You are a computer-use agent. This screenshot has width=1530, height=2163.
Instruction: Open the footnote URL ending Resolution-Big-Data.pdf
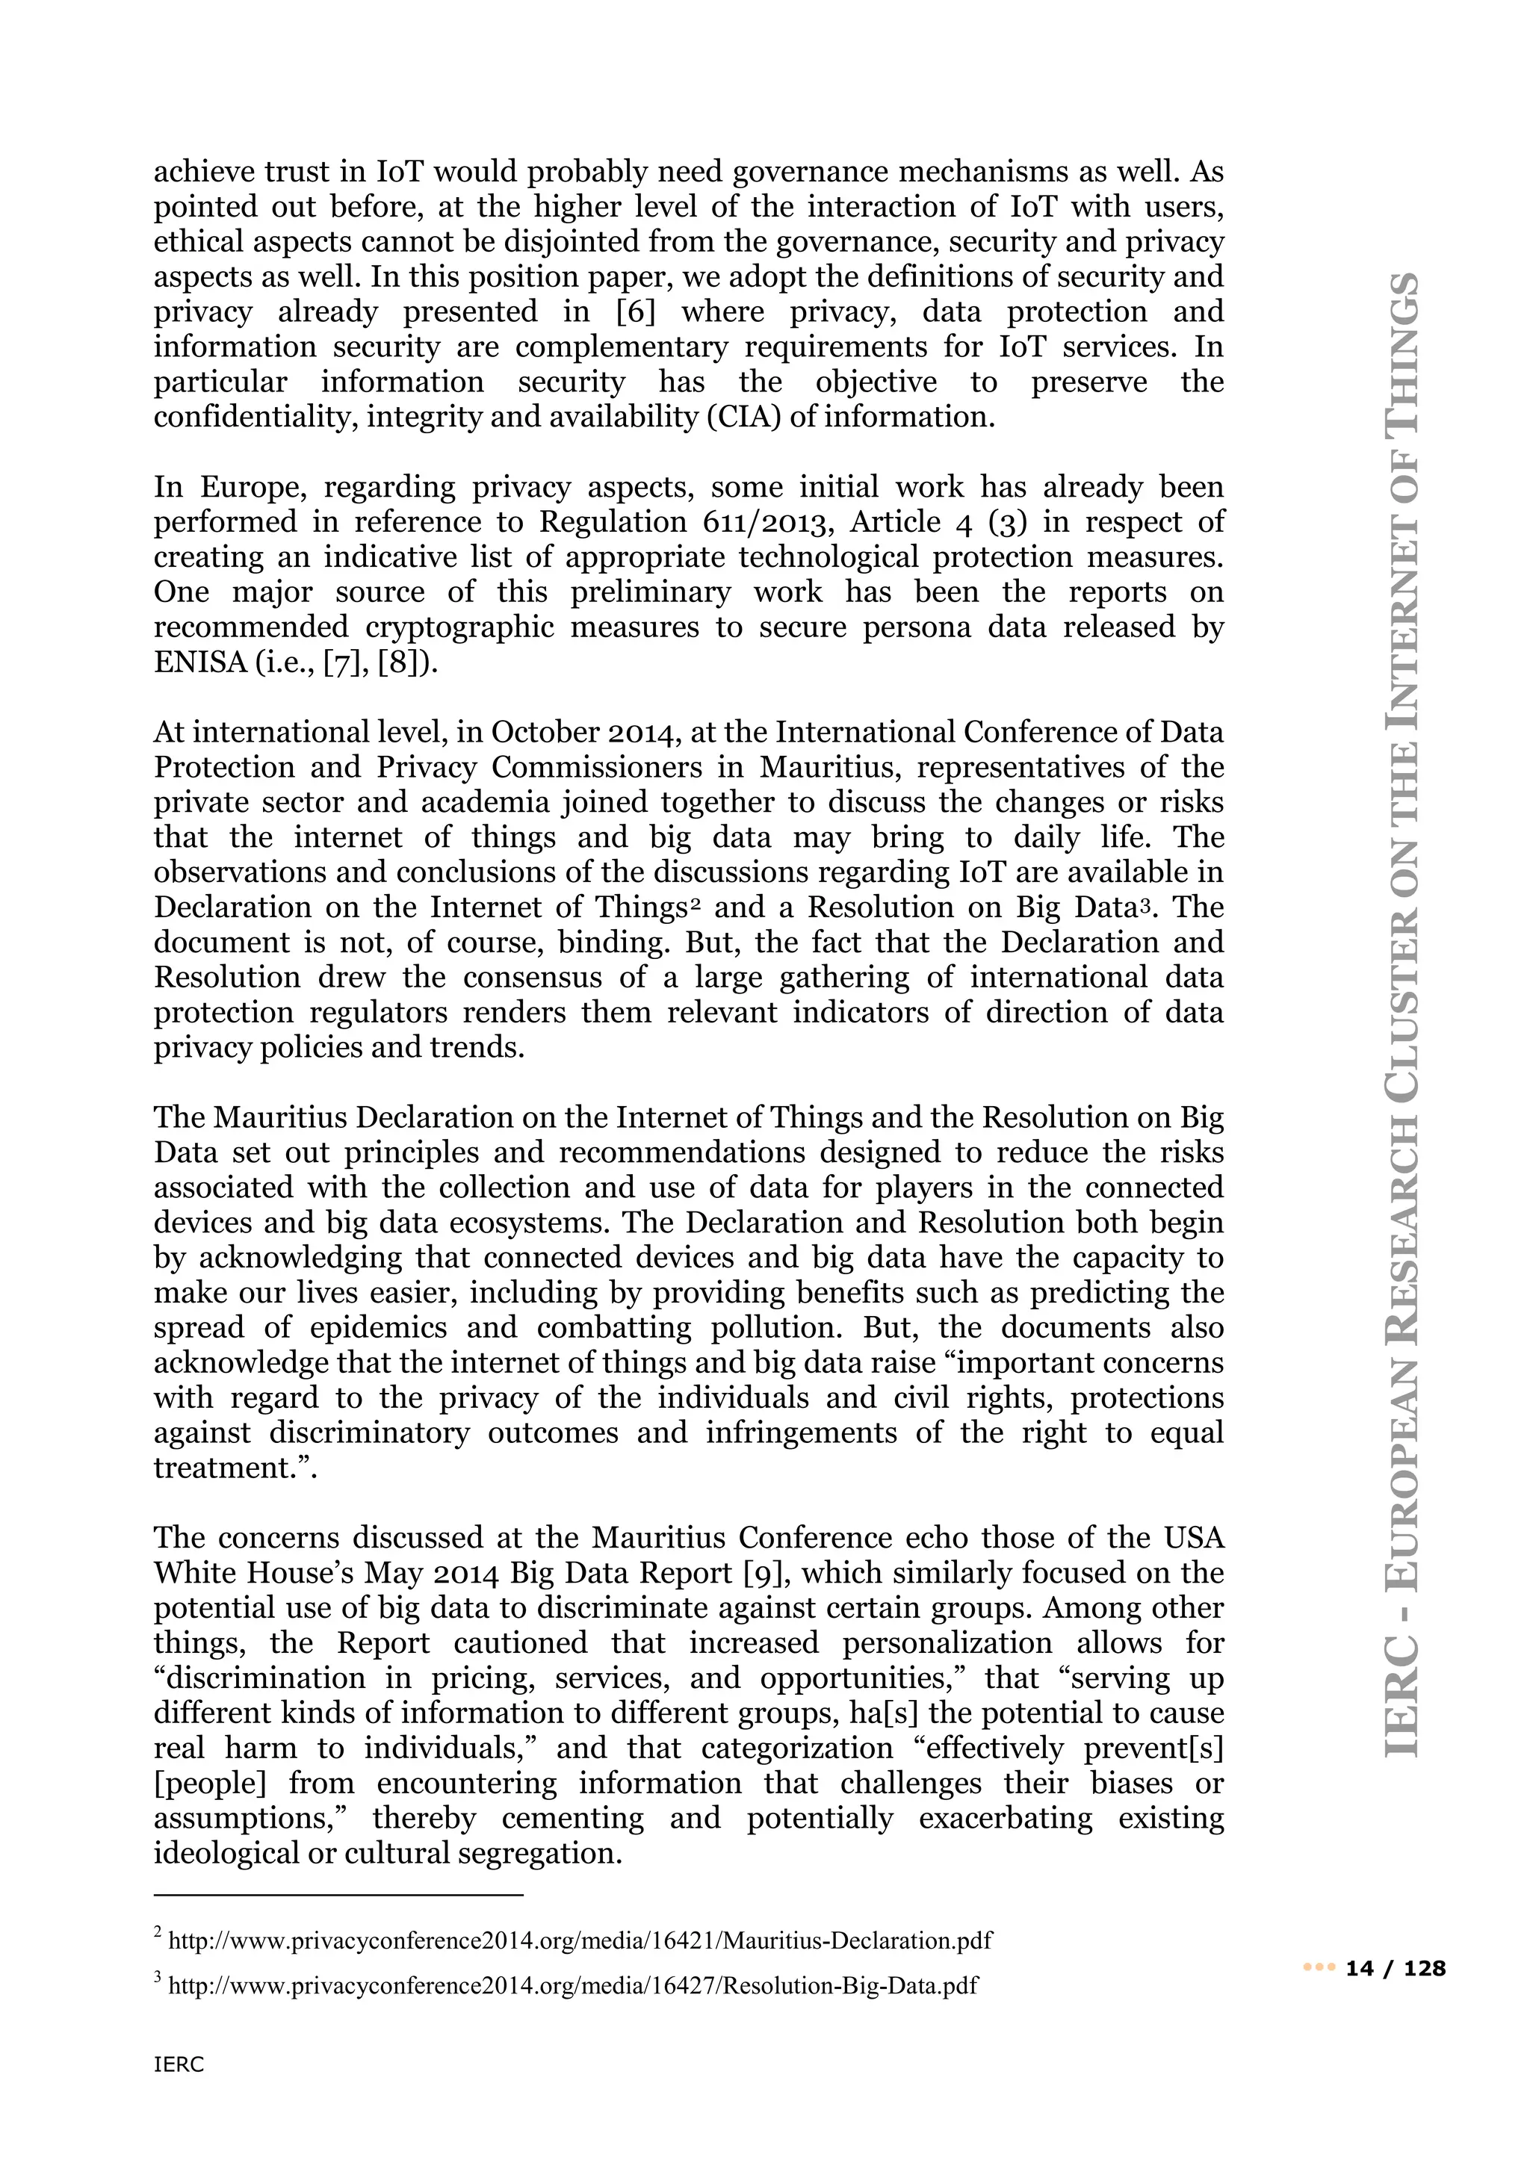coord(572,1986)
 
